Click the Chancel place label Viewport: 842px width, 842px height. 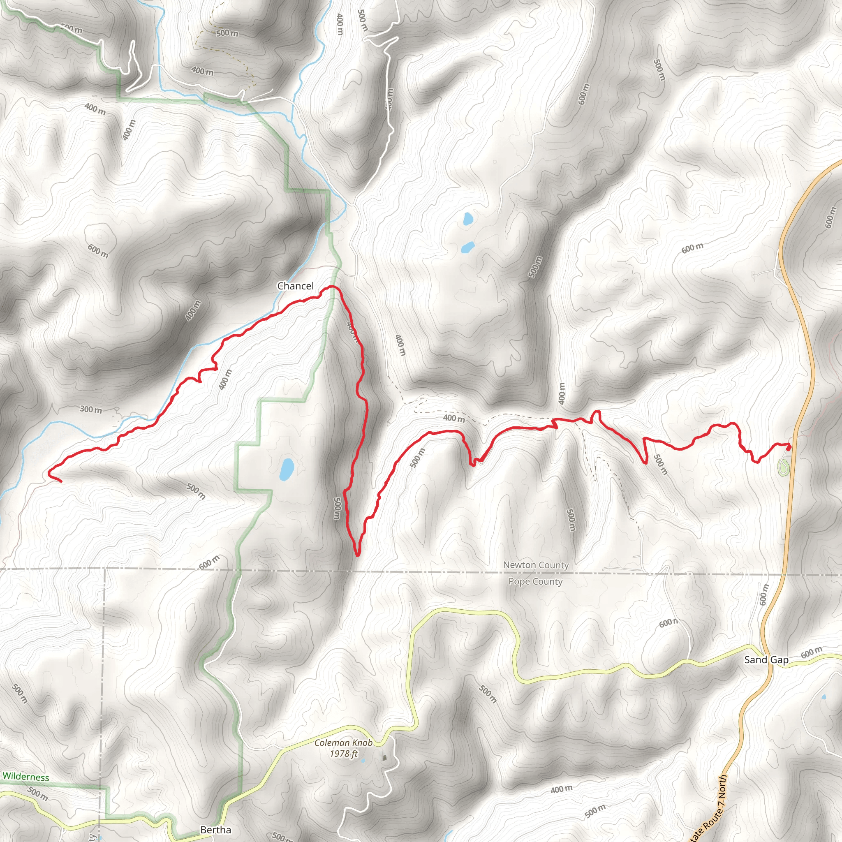tap(295, 286)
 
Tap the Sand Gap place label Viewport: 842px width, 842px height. tap(766, 659)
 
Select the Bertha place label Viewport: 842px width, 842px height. tap(215, 829)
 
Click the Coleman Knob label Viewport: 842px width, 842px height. tap(343, 743)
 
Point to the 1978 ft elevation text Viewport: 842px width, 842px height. tap(343, 754)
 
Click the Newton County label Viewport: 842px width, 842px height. tap(536, 565)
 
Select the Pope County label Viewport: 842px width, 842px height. tap(535, 581)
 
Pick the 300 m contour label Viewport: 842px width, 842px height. tap(90, 409)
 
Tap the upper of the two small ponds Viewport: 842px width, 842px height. tap(467, 218)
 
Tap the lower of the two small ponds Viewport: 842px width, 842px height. tap(467, 248)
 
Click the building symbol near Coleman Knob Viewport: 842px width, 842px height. tap(384, 758)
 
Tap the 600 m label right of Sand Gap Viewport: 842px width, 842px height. tap(812, 653)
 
